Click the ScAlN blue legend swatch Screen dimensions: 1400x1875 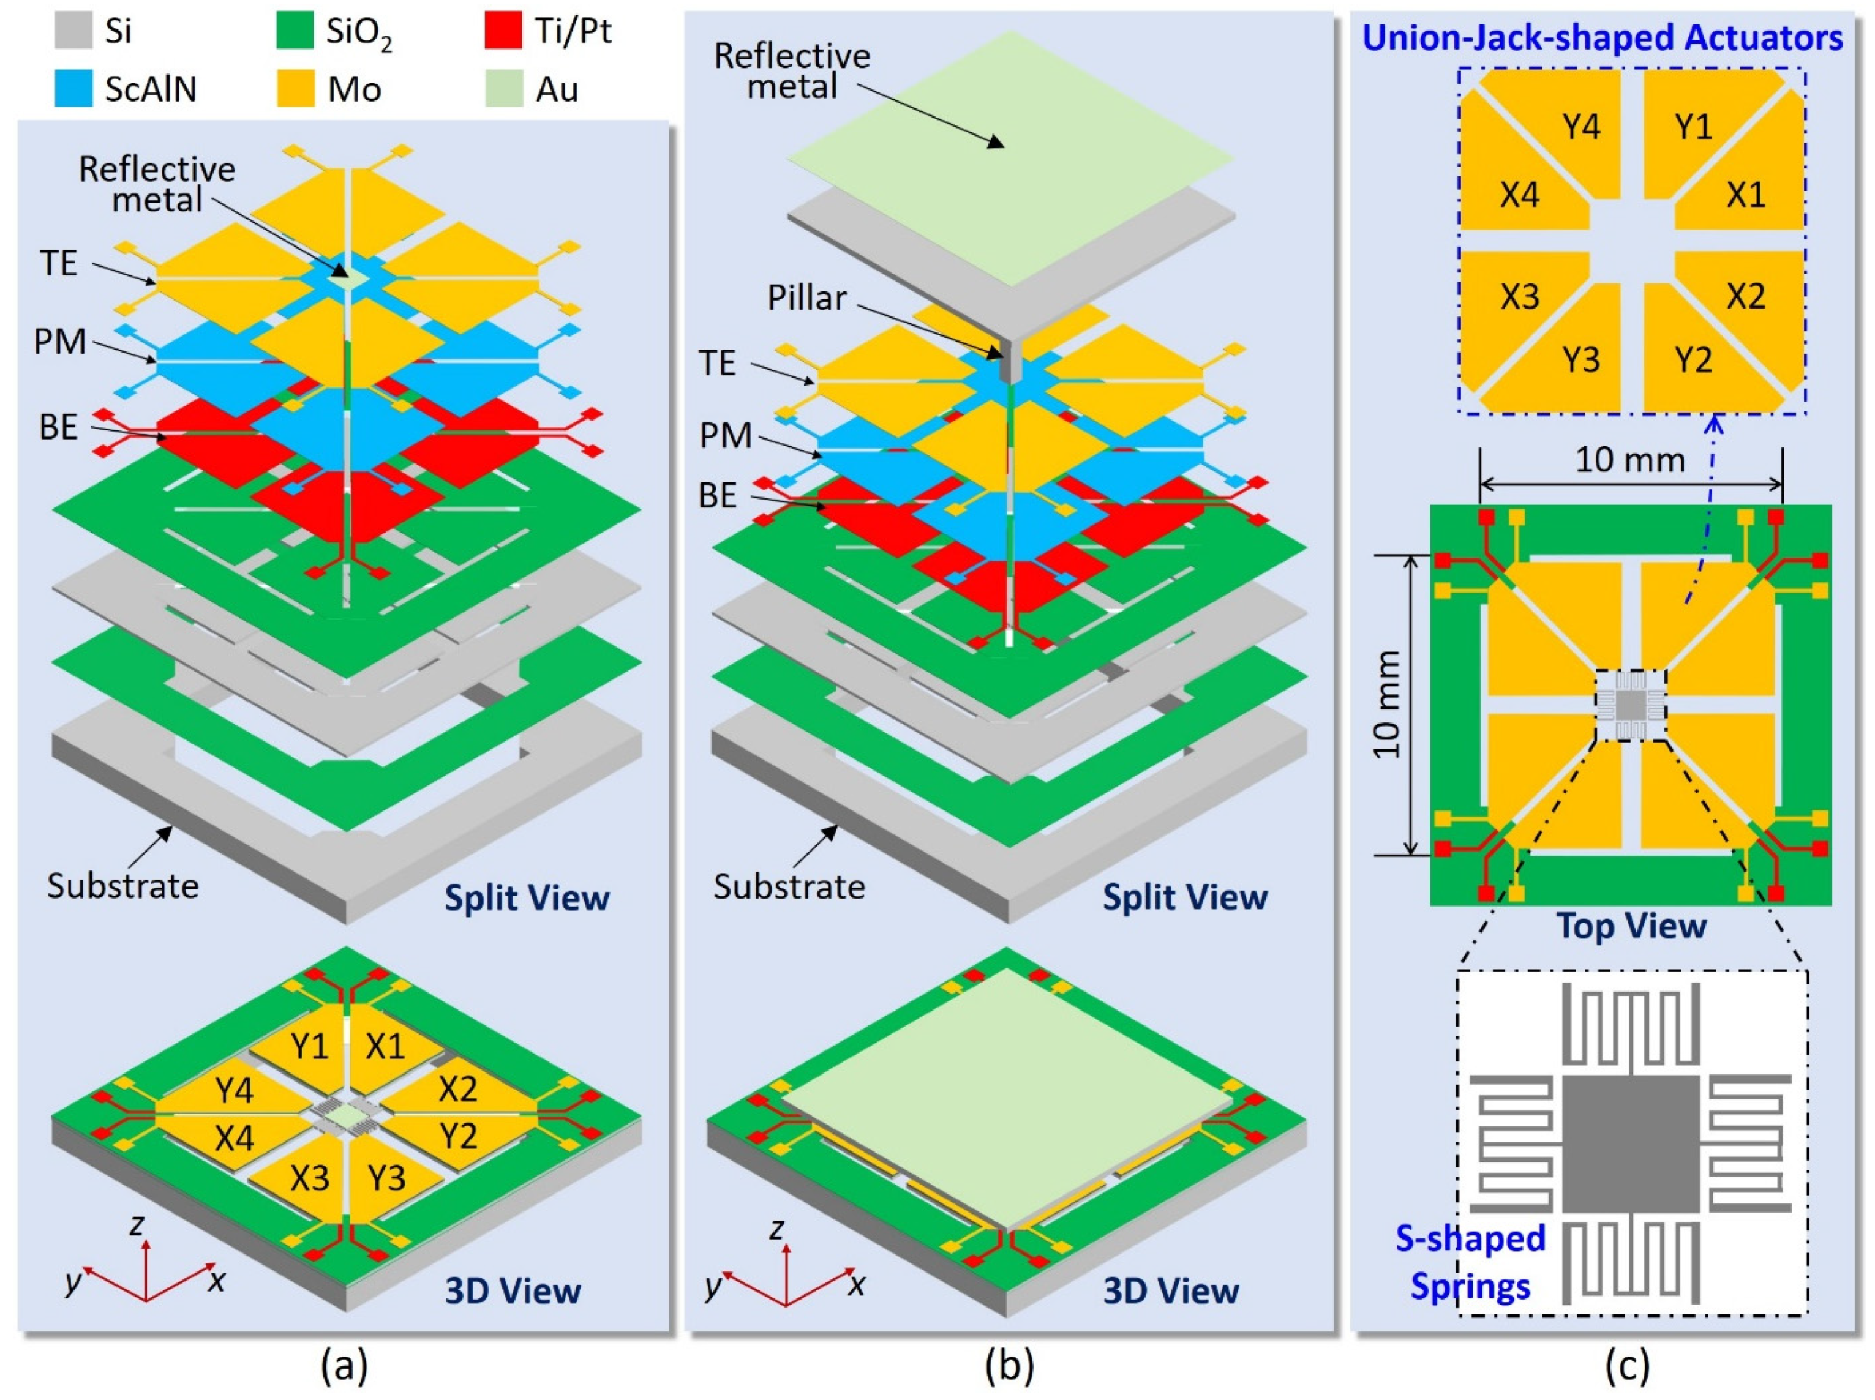tap(73, 89)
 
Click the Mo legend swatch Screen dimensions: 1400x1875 tap(295, 89)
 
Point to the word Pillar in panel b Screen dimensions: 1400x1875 tap(806, 298)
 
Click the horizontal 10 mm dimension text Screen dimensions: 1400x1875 tap(1629, 460)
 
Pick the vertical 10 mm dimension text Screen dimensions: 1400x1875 tap(1387, 705)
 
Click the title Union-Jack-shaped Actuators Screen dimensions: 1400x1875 tap(1602, 38)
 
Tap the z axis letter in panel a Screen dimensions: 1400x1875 tap(135, 1224)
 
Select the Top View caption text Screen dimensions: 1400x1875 tap(1631, 926)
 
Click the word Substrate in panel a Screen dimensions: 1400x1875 tap(123, 886)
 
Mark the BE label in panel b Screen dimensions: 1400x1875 tap(717, 496)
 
